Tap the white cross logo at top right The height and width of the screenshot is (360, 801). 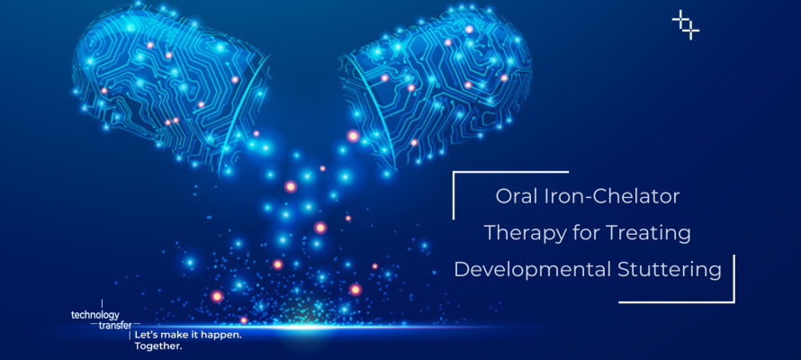(x=685, y=24)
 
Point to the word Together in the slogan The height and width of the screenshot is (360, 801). (x=157, y=346)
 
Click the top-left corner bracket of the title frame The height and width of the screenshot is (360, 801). (x=455, y=175)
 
